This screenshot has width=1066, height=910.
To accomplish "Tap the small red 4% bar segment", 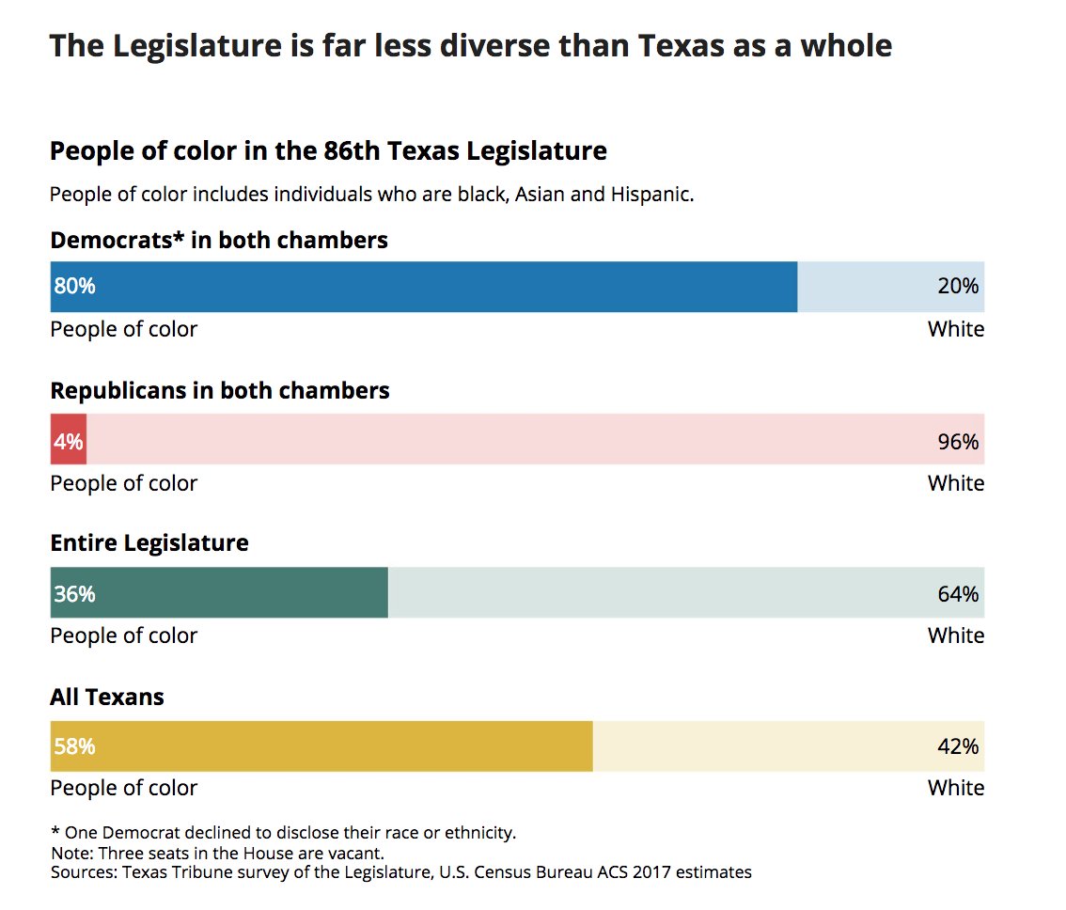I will pos(69,440).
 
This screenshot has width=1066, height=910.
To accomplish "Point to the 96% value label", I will pos(958,441).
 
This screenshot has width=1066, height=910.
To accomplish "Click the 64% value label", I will pos(958,594).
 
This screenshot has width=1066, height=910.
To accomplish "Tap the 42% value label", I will pos(958,747).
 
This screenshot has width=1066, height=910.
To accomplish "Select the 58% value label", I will pos(74,747).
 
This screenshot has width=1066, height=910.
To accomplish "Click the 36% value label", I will pos(74,594).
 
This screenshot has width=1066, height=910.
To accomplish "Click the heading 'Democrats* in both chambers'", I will pos(218,241).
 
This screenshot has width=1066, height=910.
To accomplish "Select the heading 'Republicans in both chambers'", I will pos(219,390).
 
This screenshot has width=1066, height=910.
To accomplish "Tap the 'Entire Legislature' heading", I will pos(149,543).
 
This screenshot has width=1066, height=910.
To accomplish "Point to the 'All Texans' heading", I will pos(106,697).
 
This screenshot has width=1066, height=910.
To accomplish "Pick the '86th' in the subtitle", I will pos(356,151).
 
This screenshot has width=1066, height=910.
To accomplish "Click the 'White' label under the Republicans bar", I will pos(956,483).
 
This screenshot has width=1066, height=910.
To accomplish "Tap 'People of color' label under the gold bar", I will pos(123,788).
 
